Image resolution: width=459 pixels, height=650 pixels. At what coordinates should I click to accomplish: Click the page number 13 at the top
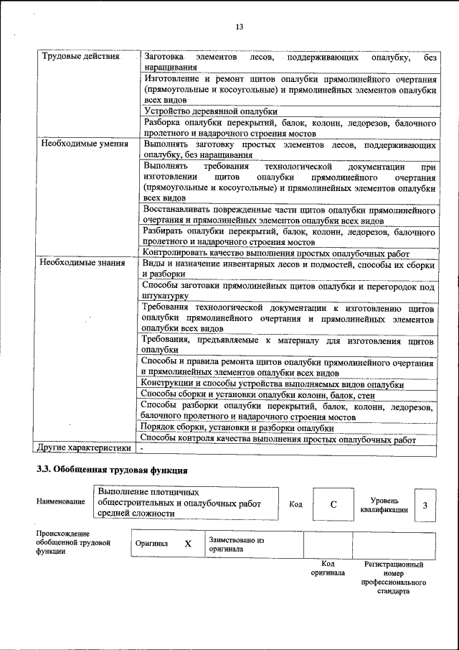click(240, 27)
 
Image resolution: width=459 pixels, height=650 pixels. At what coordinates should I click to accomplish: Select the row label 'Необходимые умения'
click(84, 144)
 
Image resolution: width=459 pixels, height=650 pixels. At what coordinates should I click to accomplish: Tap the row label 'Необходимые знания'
click(82, 264)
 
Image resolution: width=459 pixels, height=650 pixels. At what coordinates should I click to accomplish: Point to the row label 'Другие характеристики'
click(84, 448)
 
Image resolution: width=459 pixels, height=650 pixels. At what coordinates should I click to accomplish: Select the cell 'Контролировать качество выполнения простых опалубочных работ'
click(276, 253)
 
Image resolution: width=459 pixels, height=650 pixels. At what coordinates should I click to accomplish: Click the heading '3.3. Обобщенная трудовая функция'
click(112, 471)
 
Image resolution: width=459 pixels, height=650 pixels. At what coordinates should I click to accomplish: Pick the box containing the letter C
click(333, 504)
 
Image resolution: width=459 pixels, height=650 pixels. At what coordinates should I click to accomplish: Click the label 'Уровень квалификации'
click(384, 505)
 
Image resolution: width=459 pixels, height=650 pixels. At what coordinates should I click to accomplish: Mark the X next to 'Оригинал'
click(188, 544)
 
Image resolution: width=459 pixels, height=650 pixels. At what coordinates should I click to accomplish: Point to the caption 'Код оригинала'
click(328, 568)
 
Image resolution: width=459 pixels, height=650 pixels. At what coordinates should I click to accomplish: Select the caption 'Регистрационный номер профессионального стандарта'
click(394, 578)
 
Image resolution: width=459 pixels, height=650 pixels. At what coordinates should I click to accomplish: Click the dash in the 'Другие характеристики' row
click(142, 448)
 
